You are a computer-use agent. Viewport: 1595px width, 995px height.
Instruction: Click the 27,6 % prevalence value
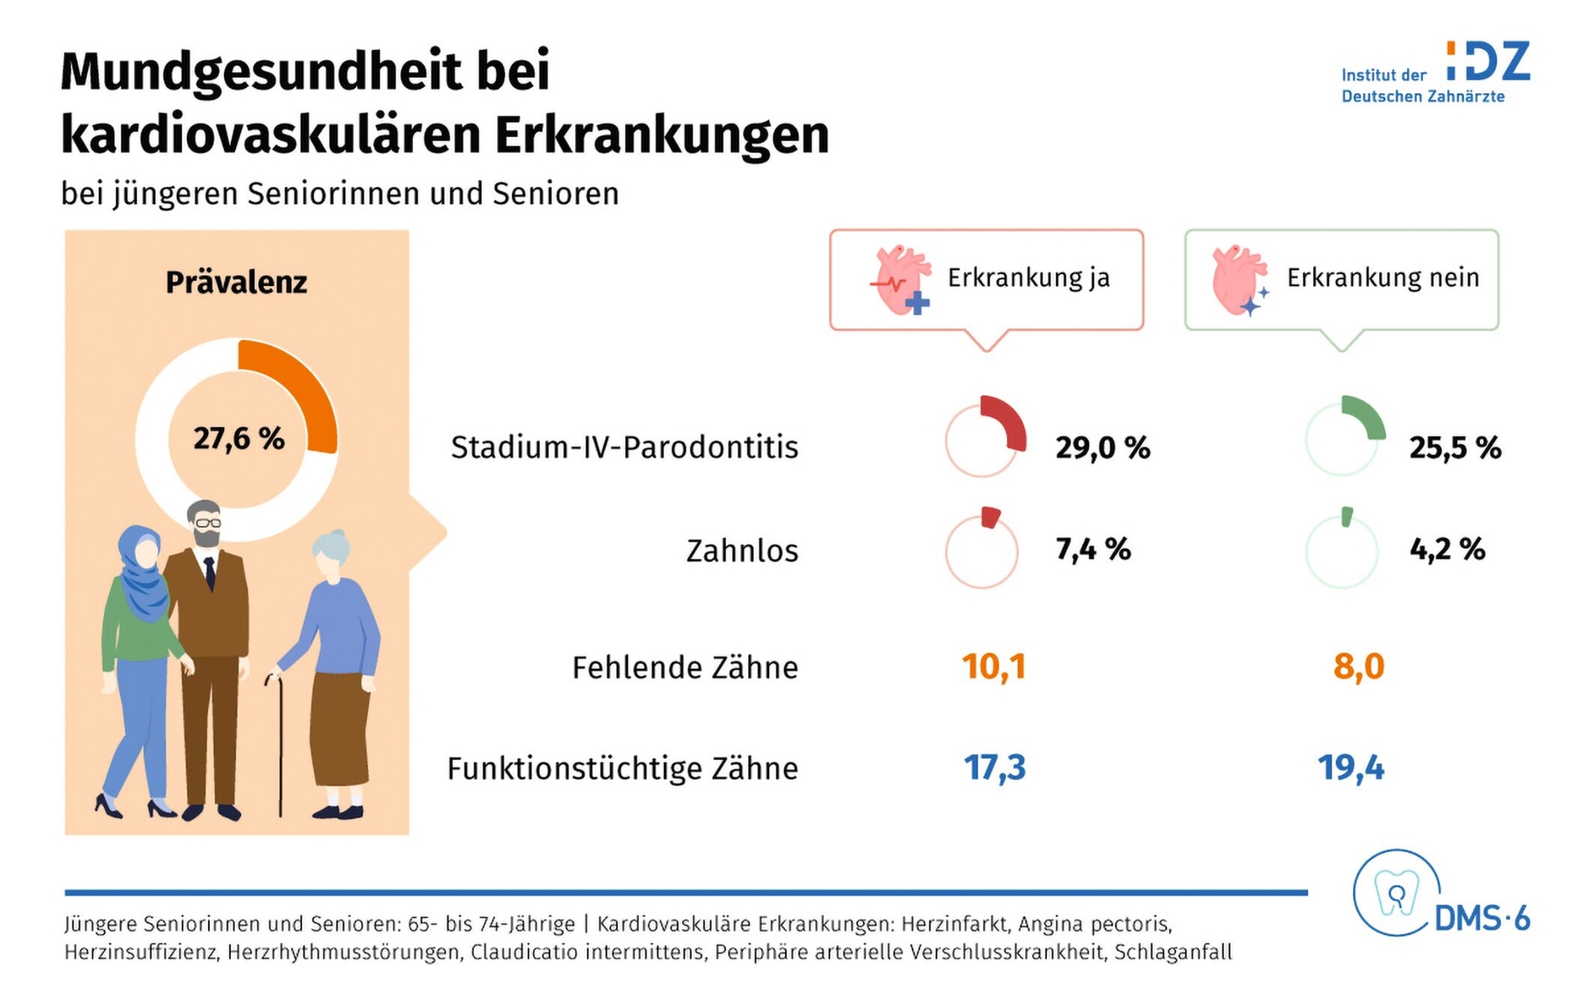(239, 439)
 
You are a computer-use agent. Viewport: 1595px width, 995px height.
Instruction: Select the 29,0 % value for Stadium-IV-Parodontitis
(1102, 447)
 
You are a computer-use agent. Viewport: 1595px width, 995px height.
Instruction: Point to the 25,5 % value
(1455, 447)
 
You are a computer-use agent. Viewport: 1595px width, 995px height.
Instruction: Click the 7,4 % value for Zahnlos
(1093, 550)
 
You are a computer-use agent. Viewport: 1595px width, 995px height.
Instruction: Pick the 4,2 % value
(1447, 550)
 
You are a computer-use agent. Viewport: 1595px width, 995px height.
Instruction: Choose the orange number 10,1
(994, 667)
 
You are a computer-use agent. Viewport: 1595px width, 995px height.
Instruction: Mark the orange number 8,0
(1358, 667)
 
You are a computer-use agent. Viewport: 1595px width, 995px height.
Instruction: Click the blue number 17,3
(995, 768)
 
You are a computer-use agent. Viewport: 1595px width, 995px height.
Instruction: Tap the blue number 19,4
(1351, 768)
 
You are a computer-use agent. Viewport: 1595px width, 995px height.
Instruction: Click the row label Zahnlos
(742, 551)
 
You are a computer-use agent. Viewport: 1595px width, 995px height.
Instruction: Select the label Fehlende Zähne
(685, 668)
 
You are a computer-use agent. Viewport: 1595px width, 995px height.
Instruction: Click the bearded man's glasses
(208, 523)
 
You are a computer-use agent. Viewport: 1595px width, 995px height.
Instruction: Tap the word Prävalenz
(236, 283)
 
